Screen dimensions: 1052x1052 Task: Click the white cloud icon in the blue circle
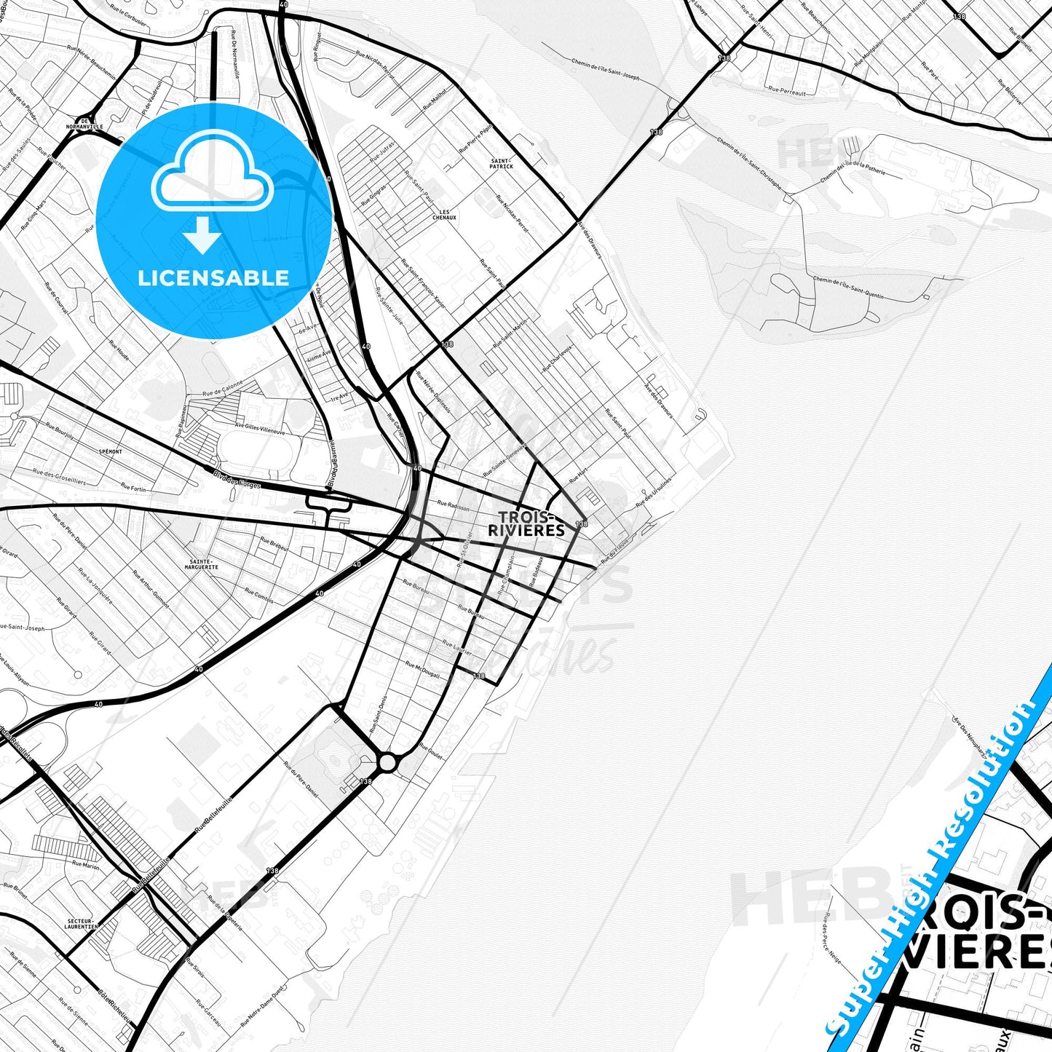pos(213,175)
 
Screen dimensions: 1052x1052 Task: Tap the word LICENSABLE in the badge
pos(213,277)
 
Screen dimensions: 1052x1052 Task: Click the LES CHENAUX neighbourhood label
pos(444,215)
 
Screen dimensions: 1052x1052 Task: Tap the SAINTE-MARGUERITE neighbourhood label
pos(202,563)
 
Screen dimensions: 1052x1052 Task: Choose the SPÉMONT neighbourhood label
pos(110,451)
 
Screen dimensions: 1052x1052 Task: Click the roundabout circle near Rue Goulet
pos(387,762)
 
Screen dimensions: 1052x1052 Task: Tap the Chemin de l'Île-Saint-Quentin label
pos(848,288)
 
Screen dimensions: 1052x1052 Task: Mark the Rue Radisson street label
pos(454,506)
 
